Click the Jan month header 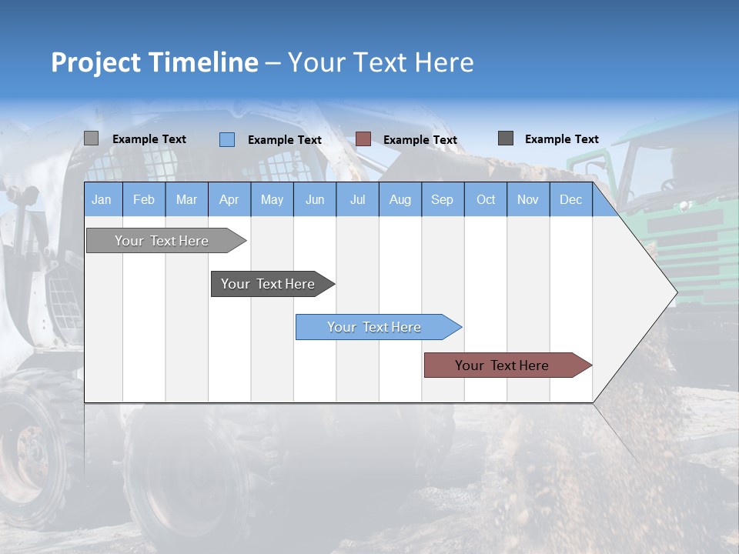102,199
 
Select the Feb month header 144,199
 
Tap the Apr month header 229,199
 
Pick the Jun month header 315,199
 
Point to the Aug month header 400,199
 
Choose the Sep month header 442,199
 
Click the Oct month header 486,199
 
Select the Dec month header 571,199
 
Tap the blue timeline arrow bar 375,327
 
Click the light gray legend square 92,138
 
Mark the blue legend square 227,139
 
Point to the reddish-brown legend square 363,139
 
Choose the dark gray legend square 506,138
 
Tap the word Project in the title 96,62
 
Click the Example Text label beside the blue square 285,140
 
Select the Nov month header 528,199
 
